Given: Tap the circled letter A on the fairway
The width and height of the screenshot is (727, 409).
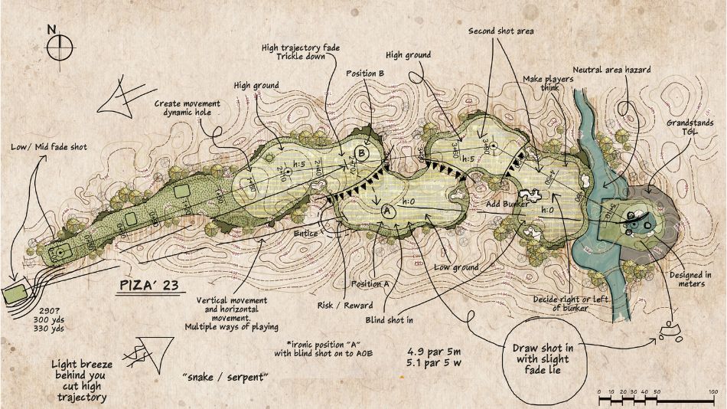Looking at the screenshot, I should click(386, 210).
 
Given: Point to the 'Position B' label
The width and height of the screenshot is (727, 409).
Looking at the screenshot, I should click(364, 74).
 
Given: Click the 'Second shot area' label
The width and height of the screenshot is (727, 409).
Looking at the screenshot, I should click(500, 31).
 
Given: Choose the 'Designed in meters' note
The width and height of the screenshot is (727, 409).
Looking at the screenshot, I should click(692, 281).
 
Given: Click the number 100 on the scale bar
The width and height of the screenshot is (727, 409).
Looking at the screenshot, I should click(712, 391).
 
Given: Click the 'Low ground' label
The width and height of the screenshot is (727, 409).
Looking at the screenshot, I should click(457, 267).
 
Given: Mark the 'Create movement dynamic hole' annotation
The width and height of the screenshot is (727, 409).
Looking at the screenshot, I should click(187, 108).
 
